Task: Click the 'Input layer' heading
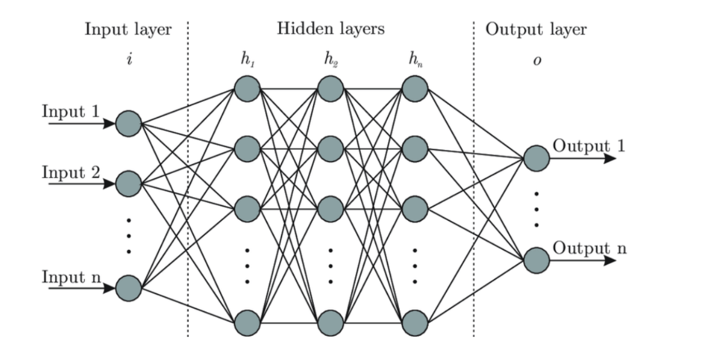[128, 30]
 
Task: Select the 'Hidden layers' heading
[330, 29]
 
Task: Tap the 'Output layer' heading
[536, 30]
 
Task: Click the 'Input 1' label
[70, 112]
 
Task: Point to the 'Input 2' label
[70, 173]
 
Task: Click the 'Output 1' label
[589, 146]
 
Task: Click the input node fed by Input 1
[129, 124]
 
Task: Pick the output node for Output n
[536, 261]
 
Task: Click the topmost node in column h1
[247, 88]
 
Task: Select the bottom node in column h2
[330, 323]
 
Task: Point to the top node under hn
[415, 88]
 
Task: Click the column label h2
[330, 59]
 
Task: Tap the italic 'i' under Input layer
[129, 59]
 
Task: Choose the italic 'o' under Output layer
[536, 60]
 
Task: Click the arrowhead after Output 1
[610, 159]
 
